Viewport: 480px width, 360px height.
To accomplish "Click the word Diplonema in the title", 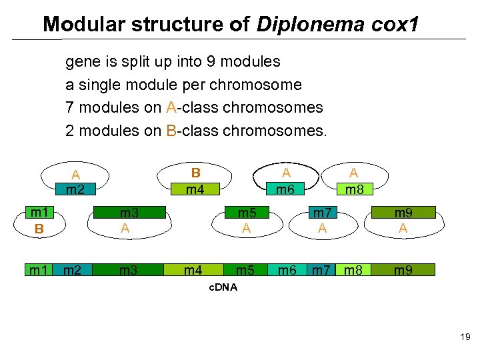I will pyautogui.click(x=309, y=25).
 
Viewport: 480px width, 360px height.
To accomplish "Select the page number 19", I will pyautogui.click(x=465, y=338).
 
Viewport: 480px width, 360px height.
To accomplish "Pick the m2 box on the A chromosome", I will pyautogui.click(x=75, y=190).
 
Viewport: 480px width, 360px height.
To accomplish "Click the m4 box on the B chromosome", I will pyautogui.click(x=195, y=190).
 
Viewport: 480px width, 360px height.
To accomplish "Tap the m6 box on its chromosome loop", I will pyautogui.click(x=285, y=190).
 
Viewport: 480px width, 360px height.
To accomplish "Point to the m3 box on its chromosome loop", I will pyautogui.click(x=128, y=213).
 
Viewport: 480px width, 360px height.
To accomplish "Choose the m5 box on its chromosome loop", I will pyautogui.click(x=247, y=213).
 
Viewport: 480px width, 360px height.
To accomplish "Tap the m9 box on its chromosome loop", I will pyautogui.click(x=403, y=213).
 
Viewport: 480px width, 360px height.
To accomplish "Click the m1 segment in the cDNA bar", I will pyautogui.click(x=38, y=270).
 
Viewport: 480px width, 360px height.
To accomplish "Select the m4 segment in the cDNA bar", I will pyautogui.click(x=194, y=270).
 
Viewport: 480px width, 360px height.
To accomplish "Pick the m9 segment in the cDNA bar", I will pyautogui.click(x=403, y=270).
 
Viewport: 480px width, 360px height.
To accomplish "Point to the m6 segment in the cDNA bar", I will pyautogui.click(x=287, y=270).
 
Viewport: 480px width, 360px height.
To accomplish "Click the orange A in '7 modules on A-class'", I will pyautogui.click(x=171, y=107).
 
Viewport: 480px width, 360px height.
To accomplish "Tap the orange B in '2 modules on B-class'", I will pyautogui.click(x=171, y=130).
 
